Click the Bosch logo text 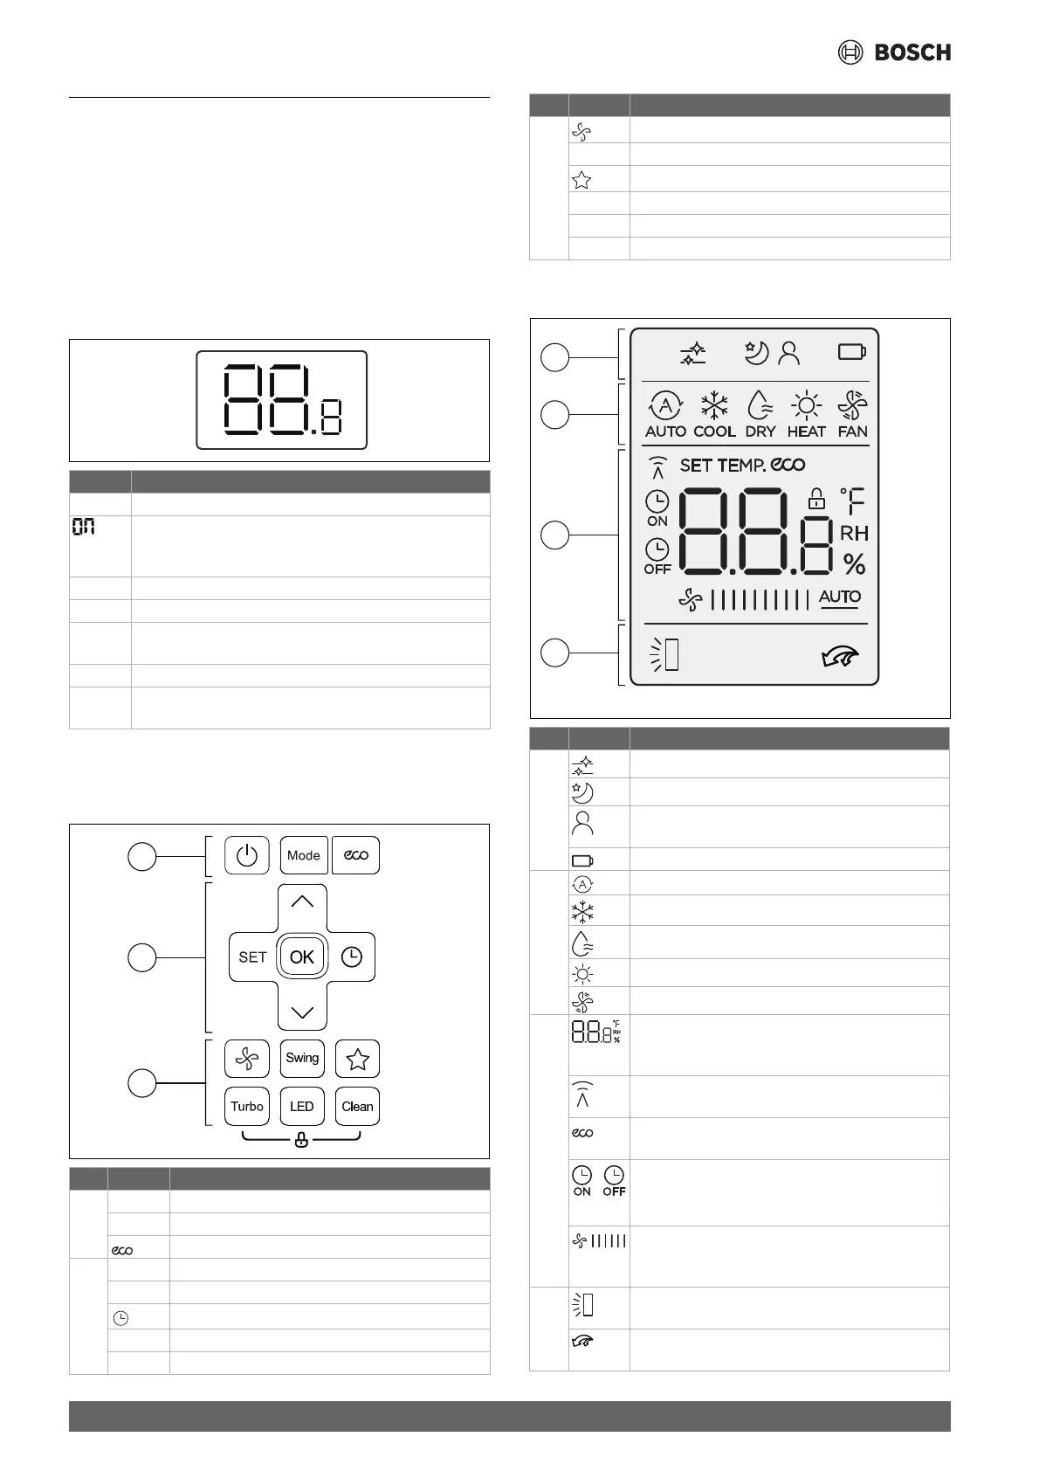click(x=912, y=52)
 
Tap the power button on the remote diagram click(x=247, y=855)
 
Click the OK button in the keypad click(x=302, y=956)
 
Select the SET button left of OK click(x=252, y=956)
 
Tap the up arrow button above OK click(x=302, y=902)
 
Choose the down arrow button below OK click(x=302, y=1012)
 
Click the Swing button click(x=302, y=1058)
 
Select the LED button click(x=302, y=1106)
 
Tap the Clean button click(x=357, y=1106)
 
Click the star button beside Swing click(x=357, y=1059)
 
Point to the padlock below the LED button click(x=301, y=1140)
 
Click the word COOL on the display click(x=714, y=432)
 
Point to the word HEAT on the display click(x=806, y=432)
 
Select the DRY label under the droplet click(x=760, y=432)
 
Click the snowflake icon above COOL click(x=714, y=405)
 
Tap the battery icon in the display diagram click(x=851, y=352)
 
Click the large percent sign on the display click(x=854, y=564)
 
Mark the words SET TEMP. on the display click(x=722, y=466)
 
